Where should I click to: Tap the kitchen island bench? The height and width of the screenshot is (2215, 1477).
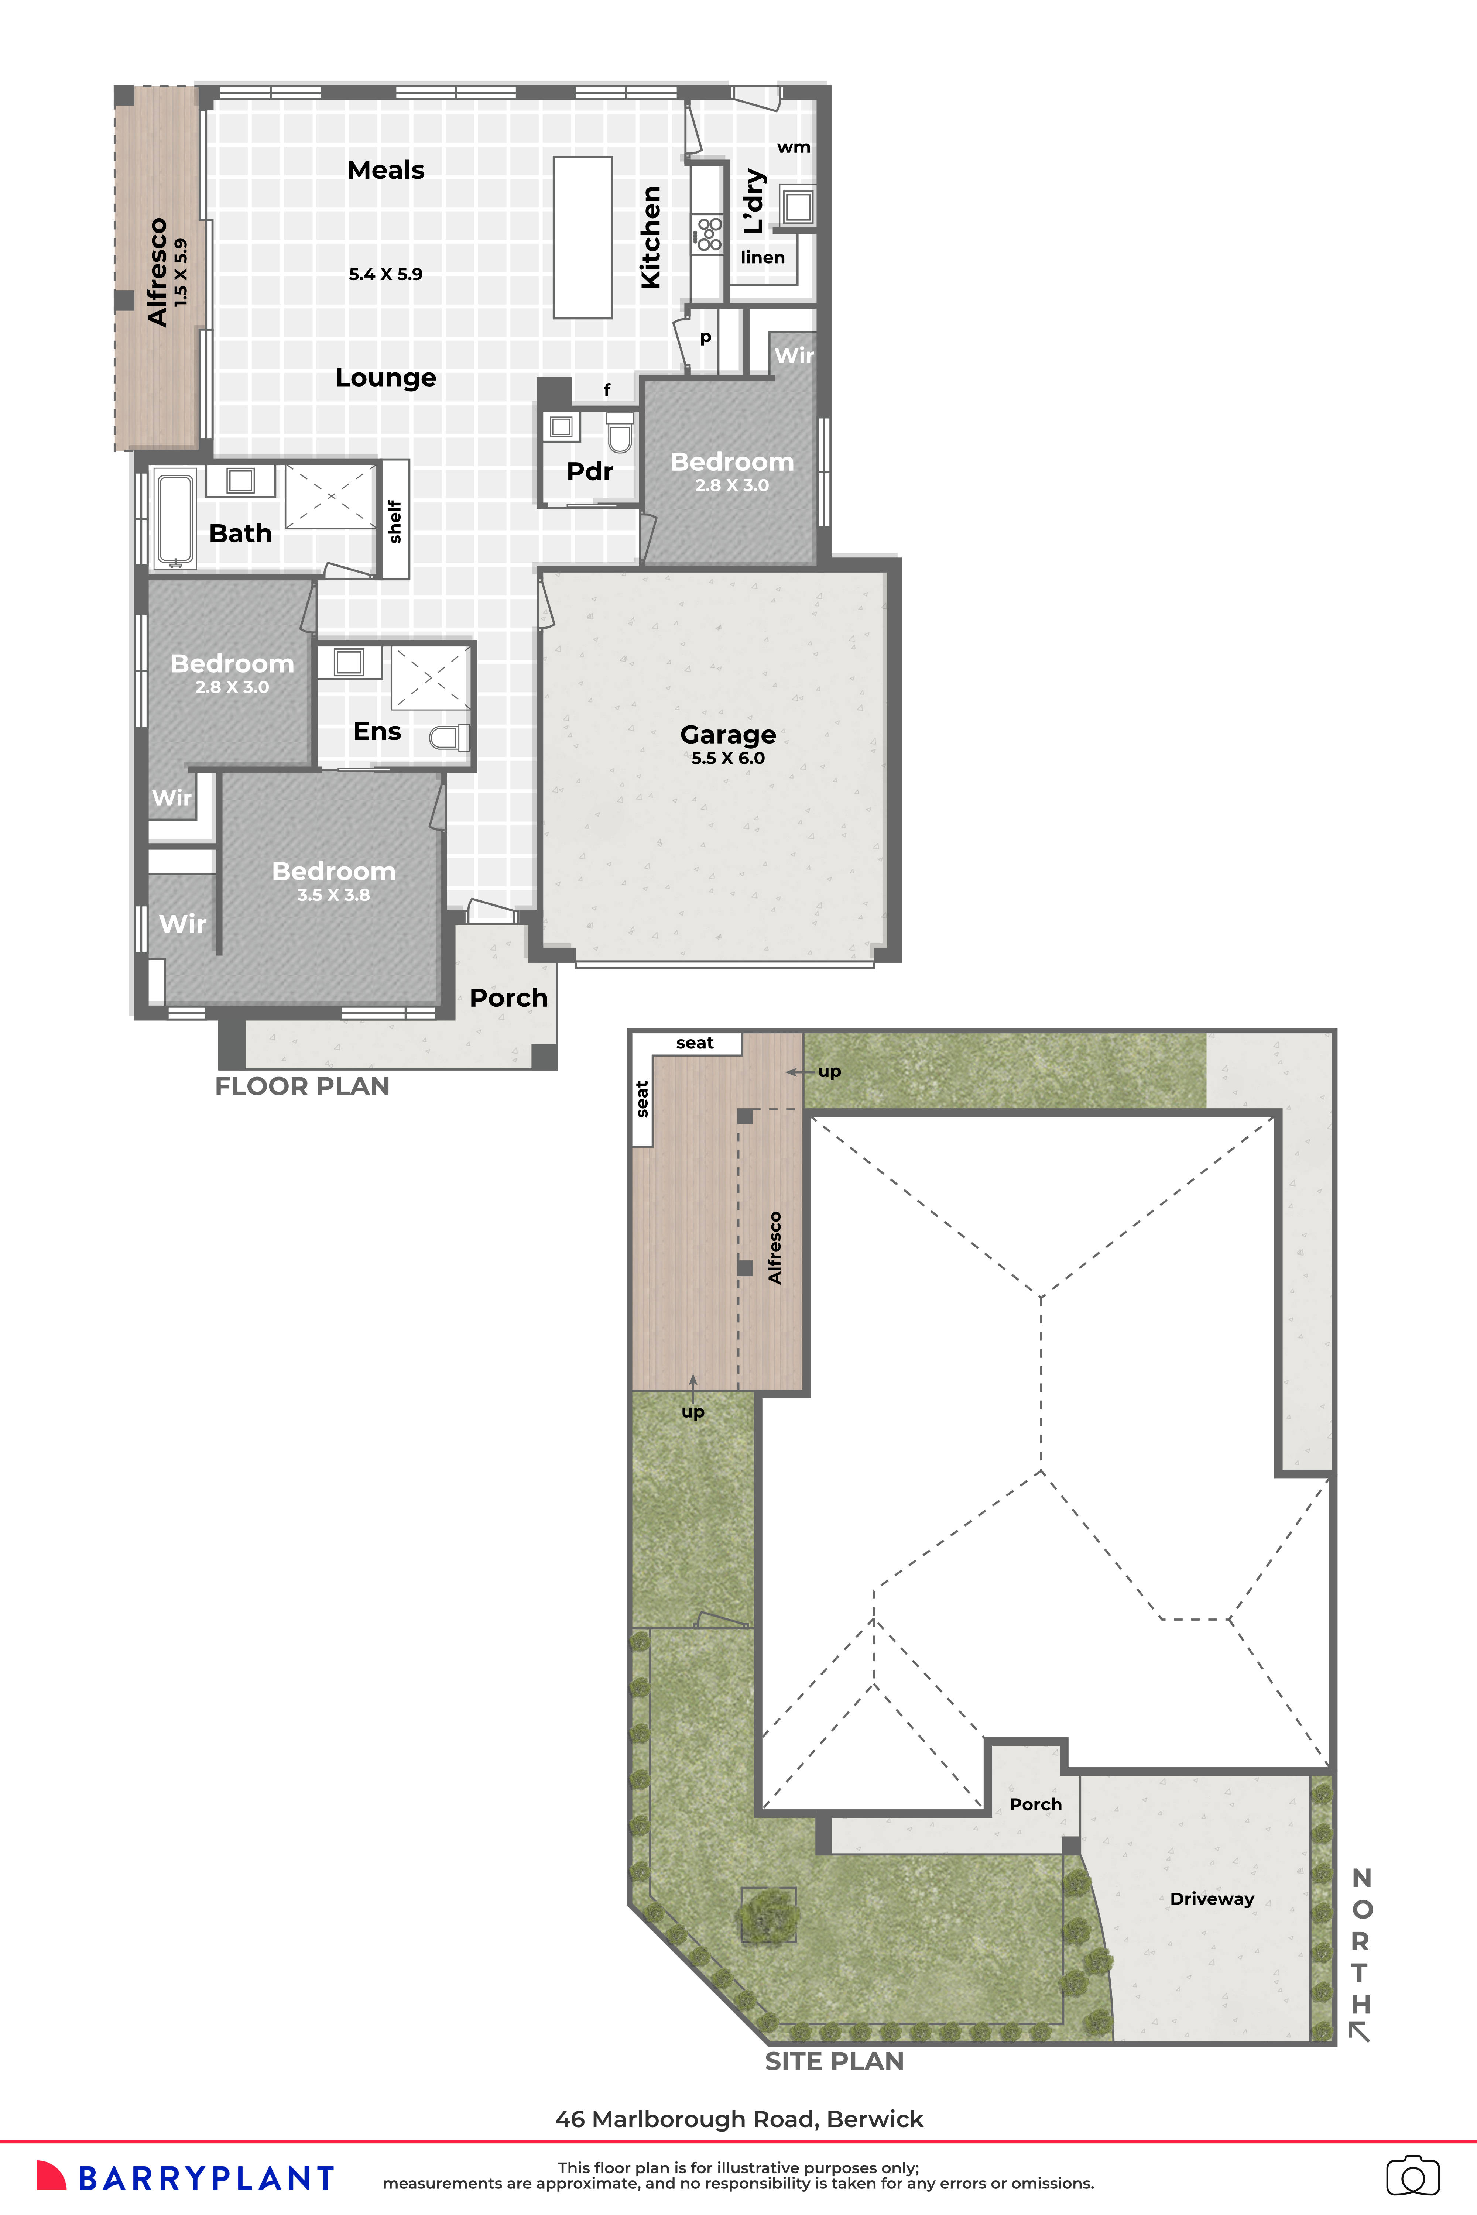click(x=582, y=237)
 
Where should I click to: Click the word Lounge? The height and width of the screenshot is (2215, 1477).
click(x=385, y=378)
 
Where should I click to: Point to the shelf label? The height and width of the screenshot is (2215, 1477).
click(x=395, y=521)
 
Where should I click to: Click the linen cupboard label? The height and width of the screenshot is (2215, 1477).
click(x=762, y=257)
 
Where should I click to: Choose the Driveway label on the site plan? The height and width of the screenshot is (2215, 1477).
click(x=1212, y=1899)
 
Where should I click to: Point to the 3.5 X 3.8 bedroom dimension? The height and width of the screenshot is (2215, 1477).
click(x=333, y=894)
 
